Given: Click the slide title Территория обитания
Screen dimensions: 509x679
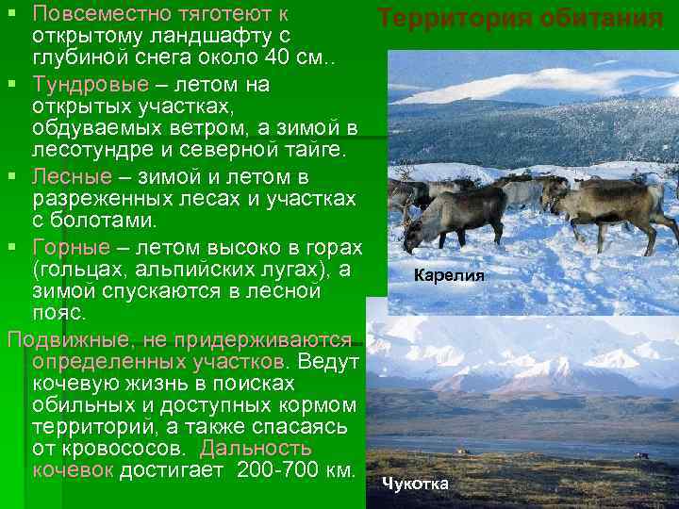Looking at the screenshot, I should coord(521,18).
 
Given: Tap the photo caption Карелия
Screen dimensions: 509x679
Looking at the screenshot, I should coord(448,276).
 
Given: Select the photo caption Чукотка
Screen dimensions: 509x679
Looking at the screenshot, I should coord(415,484).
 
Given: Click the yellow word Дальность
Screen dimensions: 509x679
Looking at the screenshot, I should coord(256,448).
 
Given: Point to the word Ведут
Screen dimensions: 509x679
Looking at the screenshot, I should coord(327,361).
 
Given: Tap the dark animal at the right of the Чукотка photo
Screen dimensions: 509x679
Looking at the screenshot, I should coord(640,455).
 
